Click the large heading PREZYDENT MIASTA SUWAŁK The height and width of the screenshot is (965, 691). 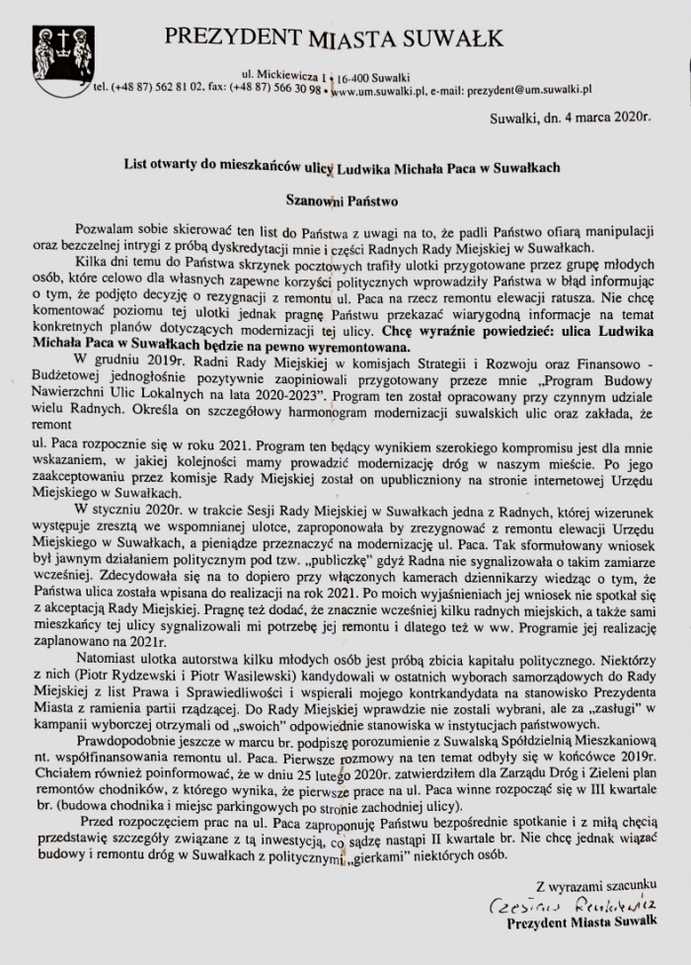(334, 39)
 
